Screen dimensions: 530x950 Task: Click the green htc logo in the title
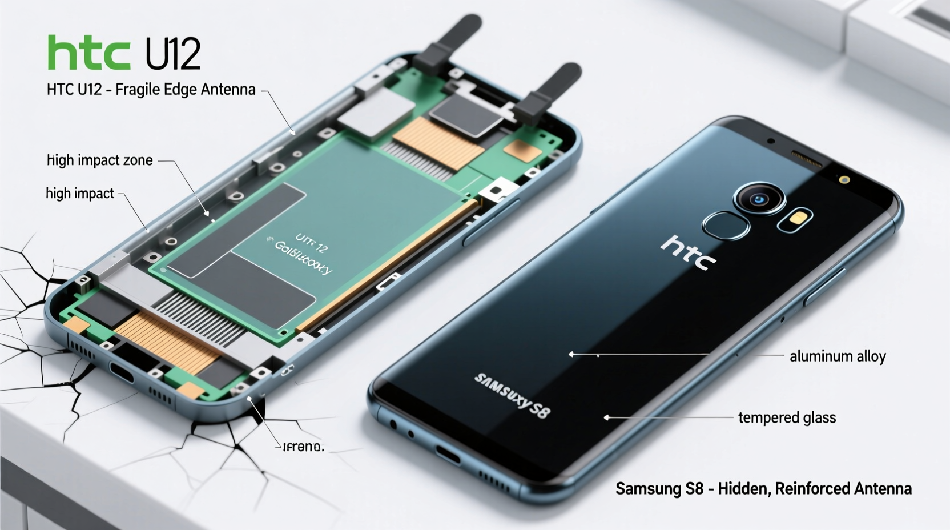click(89, 53)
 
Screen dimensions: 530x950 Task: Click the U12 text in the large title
click(172, 54)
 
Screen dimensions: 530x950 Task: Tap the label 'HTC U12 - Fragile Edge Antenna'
click(151, 90)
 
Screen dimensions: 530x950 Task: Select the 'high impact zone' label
click(100, 160)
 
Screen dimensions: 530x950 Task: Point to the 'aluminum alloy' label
click(838, 356)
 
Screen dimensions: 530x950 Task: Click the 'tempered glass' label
click(787, 418)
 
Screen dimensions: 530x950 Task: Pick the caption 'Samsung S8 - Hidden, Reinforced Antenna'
click(763, 489)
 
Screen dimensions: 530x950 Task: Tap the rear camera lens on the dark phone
click(759, 199)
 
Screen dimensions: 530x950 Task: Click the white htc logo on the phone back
click(688, 252)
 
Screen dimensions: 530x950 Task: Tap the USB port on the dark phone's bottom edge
click(448, 455)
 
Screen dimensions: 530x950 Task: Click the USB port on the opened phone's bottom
click(122, 372)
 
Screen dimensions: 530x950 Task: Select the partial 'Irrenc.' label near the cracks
click(303, 447)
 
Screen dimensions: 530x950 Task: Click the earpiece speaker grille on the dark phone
click(806, 159)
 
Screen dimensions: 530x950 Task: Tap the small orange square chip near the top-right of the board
click(522, 150)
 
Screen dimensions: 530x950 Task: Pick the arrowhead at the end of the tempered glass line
click(606, 418)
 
